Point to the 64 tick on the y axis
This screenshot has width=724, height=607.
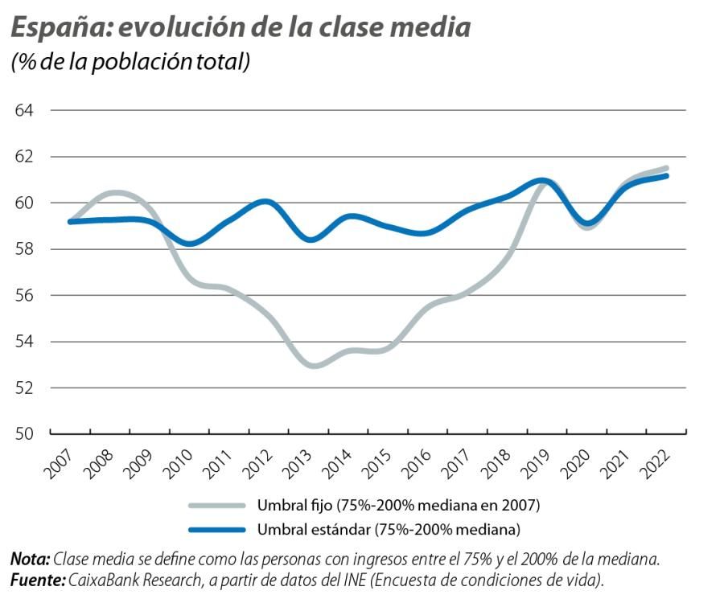point(26,110)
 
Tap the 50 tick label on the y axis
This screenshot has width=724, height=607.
point(26,434)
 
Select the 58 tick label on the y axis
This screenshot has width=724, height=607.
point(26,249)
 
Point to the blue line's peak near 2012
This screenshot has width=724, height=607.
point(265,202)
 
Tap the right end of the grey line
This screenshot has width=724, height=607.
point(666,168)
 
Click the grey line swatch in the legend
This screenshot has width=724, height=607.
point(216,506)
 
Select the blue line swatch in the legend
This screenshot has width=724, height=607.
point(216,529)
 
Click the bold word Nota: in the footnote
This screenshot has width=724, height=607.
point(31,560)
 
